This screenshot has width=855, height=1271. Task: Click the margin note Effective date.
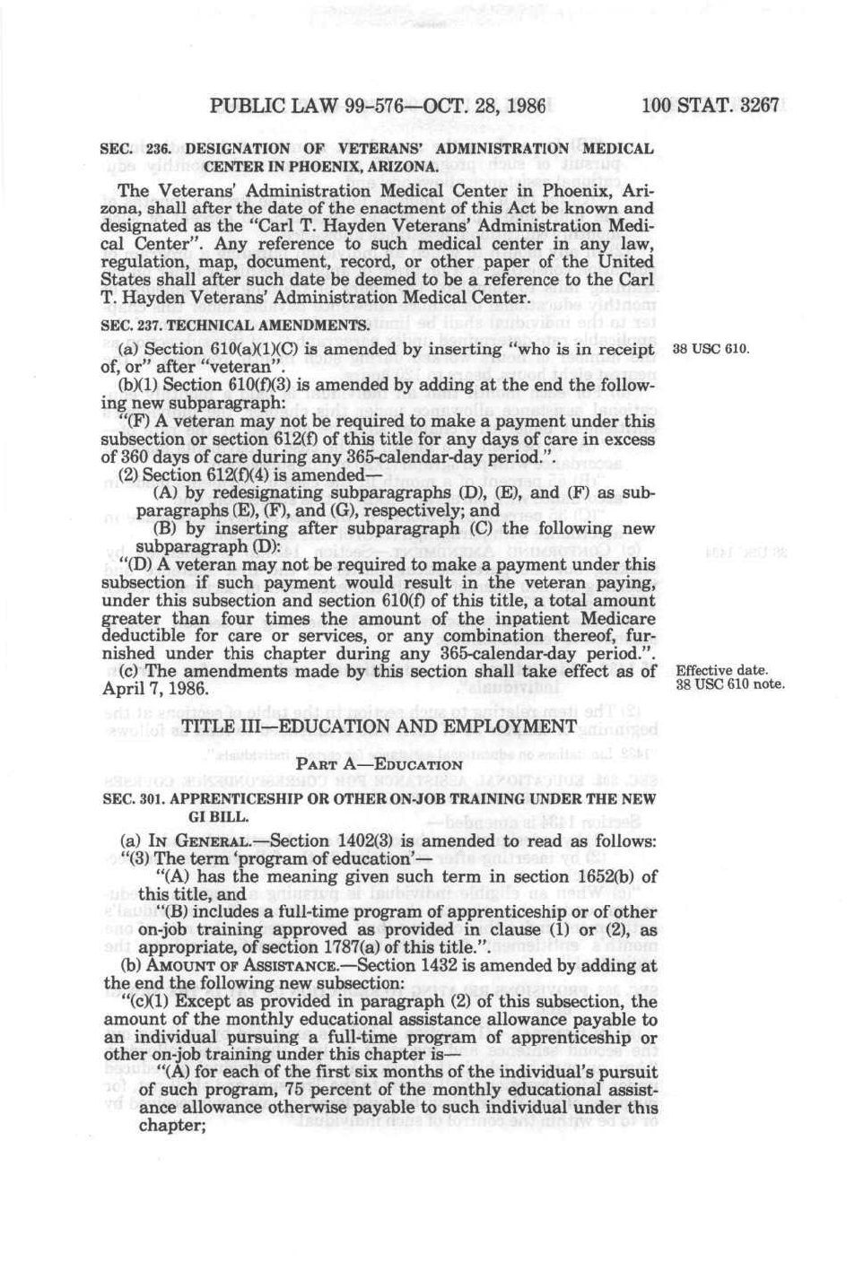721,671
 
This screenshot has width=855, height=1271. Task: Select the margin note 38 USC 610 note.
729,685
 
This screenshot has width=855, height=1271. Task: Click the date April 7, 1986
156,689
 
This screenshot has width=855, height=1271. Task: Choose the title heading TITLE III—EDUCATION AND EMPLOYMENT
379,726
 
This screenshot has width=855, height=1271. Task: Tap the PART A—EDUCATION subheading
379,765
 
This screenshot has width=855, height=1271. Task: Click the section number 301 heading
150,798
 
